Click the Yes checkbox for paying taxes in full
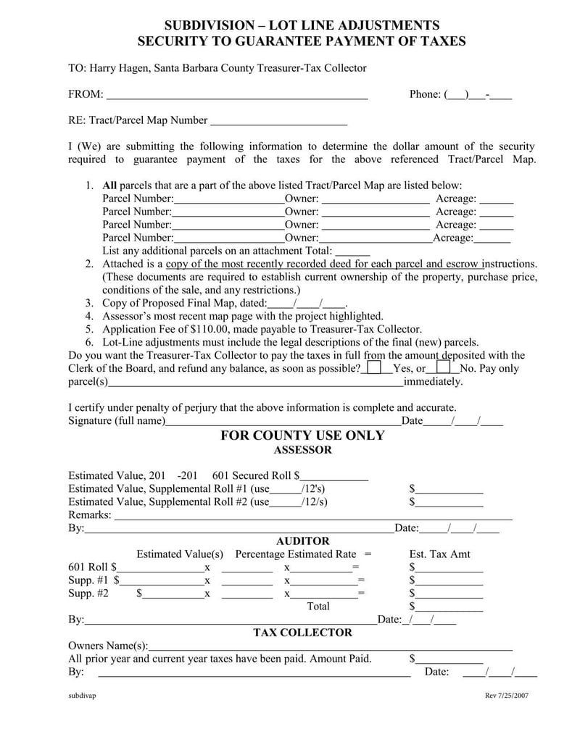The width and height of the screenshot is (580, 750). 374,368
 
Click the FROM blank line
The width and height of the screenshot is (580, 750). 237,94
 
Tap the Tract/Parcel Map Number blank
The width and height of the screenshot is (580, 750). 278,120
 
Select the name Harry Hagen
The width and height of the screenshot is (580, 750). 118,68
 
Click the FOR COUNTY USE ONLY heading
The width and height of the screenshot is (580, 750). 302,436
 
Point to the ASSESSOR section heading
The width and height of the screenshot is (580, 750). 302,450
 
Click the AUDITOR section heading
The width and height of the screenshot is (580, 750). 302,541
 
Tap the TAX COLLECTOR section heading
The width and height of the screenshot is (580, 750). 302,633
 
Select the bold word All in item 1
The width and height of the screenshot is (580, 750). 109,186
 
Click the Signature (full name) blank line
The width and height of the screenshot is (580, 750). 283,421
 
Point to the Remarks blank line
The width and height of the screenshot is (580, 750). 313,515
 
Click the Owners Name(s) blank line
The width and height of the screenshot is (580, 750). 330,646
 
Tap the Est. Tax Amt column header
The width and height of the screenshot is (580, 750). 440,554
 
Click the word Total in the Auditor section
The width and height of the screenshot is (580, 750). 318,606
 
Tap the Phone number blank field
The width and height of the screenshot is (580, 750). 479,94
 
